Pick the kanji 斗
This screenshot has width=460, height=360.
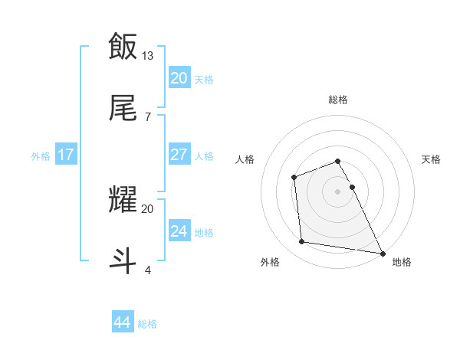(x=123, y=259)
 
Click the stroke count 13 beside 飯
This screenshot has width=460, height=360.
(x=148, y=56)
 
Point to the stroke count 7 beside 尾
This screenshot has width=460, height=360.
(x=147, y=116)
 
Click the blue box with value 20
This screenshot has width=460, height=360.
(x=179, y=78)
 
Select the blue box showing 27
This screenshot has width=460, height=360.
(x=179, y=155)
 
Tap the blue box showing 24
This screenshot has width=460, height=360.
(x=179, y=231)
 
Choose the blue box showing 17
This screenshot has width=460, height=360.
(x=66, y=155)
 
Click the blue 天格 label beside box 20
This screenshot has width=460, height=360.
(x=204, y=80)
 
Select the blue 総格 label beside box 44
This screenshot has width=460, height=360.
(x=147, y=324)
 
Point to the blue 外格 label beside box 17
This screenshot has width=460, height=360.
(x=41, y=156)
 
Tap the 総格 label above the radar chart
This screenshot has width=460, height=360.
(x=338, y=100)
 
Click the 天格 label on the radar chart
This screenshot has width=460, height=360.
(x=431, y=159)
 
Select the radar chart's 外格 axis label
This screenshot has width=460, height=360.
(x=270, y=262)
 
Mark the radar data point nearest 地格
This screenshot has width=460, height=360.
(x=381, y=252)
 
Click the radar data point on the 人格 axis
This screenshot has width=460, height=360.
(x=294, y=178)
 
